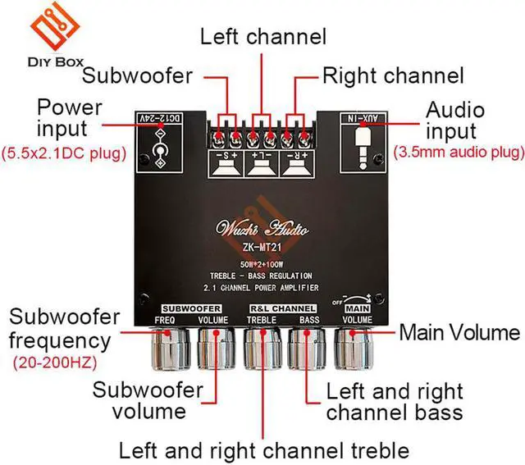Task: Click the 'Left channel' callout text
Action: [263, 36]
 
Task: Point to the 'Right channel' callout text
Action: [393, 77]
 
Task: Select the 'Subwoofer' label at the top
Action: [138, 77]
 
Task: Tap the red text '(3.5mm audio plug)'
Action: [459, 153]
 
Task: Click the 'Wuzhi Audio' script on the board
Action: [262, 226]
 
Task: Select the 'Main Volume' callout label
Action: [459, 332]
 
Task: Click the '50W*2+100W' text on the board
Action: [262, 264]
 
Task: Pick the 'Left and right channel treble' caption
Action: [263, 449]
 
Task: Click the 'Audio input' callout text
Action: [455, 121]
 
